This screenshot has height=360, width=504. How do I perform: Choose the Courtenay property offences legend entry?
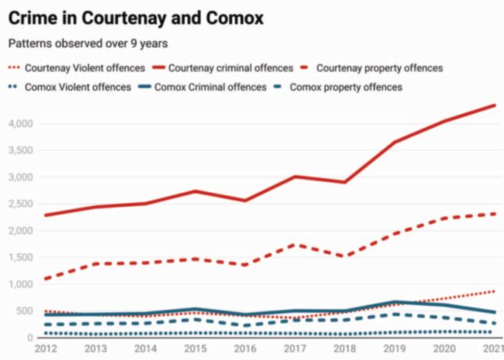click(379, 68)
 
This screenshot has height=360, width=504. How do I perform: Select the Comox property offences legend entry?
click(346, 87)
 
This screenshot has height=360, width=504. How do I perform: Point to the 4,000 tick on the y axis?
click(19, 124)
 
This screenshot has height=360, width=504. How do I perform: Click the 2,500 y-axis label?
click(19, 204)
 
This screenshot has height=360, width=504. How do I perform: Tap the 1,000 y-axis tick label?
click(19, 284)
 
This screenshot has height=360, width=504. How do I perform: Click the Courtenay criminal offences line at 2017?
click(295, 177)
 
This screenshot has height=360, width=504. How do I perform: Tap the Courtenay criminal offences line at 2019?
click(395, 142)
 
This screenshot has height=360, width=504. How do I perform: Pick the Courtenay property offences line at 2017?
click(295, 244)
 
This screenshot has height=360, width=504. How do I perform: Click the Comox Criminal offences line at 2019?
click(395, 302)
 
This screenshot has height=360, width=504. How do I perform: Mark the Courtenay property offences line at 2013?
click(95, 264)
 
